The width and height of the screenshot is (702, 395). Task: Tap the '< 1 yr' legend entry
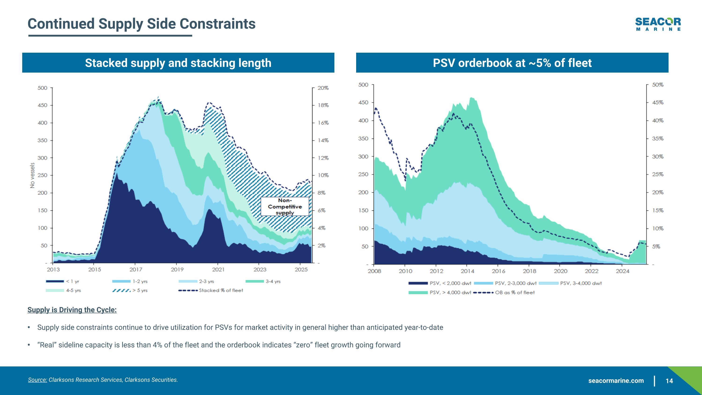(x=63, y=281)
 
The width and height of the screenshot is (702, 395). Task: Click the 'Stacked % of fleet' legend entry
(x=211, y=290)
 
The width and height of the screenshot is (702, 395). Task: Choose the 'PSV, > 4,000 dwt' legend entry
(x=440, y=292)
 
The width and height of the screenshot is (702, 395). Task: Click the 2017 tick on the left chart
(x=136, y=269)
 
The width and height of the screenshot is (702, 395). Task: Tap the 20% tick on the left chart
(x=323, y=88)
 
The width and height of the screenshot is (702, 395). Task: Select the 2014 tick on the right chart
(x=467, y=271)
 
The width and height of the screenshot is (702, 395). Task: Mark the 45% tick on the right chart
(x=658, y=103)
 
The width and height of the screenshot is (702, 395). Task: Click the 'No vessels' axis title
(x=33, y=175)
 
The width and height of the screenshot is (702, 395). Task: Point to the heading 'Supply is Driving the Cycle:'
(x=72, y=310)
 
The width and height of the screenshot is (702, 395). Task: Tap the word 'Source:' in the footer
(x=37, y=380)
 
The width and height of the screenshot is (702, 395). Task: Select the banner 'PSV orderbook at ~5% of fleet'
(x=512, y=63)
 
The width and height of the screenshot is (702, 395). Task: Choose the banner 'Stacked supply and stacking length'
(x=178, y=63)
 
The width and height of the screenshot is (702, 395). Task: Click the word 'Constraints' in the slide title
(x=217, y=24)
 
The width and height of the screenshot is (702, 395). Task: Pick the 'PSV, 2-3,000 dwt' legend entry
(x=505, y=283)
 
